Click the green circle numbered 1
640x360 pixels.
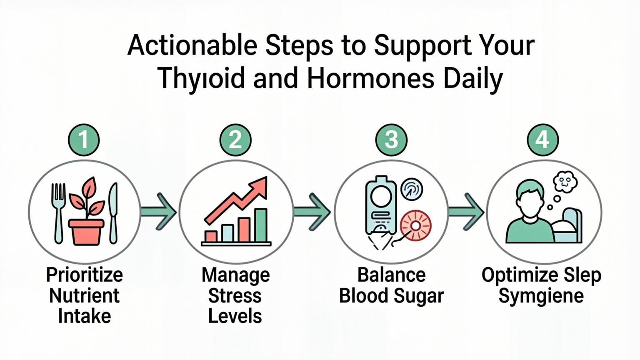84,139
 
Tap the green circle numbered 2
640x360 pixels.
235,139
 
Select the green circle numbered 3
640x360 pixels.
391,139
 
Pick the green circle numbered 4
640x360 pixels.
542,139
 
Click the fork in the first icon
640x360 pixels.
58,212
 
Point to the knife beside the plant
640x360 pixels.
113,212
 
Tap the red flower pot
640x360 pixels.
86,232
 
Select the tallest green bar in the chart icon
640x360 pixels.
261,225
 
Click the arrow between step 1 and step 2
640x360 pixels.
160,212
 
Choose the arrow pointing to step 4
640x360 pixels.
467,212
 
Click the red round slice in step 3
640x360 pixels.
415,225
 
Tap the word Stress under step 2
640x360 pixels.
235,296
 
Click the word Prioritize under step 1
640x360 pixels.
85,275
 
